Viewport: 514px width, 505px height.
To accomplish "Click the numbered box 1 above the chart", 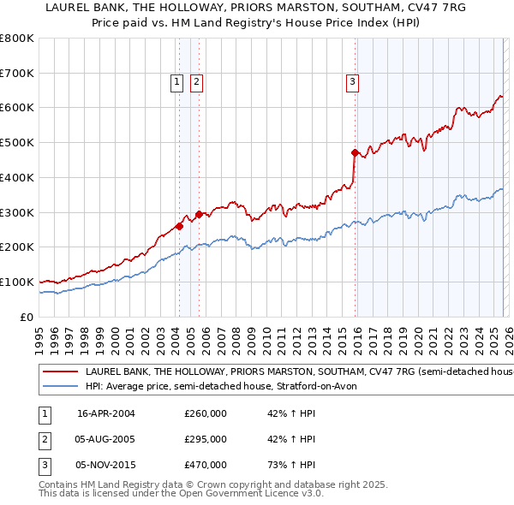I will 176,82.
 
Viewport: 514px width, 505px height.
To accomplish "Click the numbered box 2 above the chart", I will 196,82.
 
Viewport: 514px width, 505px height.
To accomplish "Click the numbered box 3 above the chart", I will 352,82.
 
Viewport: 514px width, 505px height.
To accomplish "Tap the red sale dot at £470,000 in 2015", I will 355,152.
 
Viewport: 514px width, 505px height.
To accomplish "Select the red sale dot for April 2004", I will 179,226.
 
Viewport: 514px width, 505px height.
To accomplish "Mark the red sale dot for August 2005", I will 199,214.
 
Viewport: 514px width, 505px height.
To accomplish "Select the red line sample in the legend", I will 60,372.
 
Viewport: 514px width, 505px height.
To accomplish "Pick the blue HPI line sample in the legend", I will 60,387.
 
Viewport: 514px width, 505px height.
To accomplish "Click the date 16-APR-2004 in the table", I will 105,413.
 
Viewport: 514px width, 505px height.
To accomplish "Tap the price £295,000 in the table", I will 206,439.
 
